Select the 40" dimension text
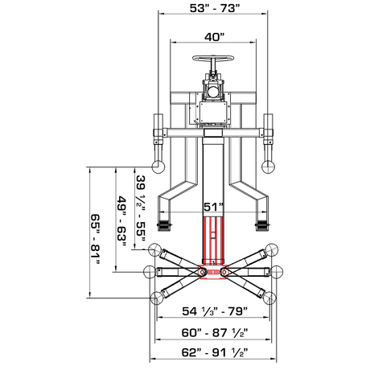tap(214, 37)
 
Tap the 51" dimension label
tap(213, 207)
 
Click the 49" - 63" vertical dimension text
tap(121, 221)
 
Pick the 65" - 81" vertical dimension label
tap(95, 239)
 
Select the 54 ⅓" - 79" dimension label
tap(215, 311)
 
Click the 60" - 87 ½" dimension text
tap(215, 333)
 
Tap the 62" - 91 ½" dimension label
tap(215, 352)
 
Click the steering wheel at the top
tap(213, 58)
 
